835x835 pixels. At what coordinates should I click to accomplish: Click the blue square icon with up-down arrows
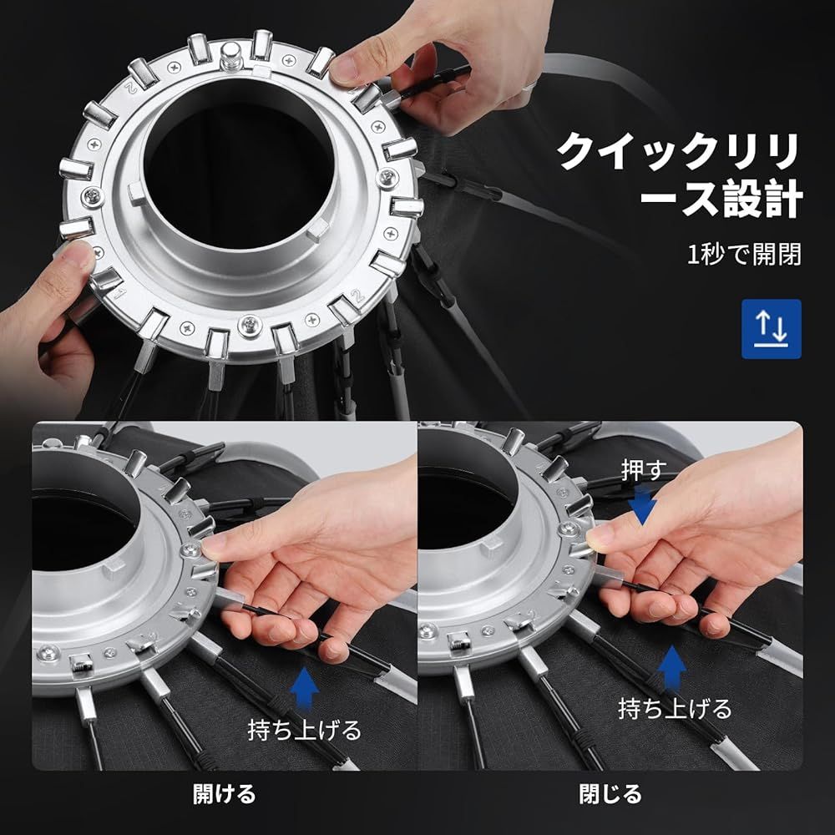[771, 329]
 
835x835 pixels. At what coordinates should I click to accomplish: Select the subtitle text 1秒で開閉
[744, 255]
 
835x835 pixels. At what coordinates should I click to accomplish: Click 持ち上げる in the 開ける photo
[305, 729]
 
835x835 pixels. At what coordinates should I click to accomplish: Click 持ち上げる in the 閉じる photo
[675, 708]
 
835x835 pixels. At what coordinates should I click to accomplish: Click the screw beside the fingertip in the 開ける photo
[190, 548]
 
